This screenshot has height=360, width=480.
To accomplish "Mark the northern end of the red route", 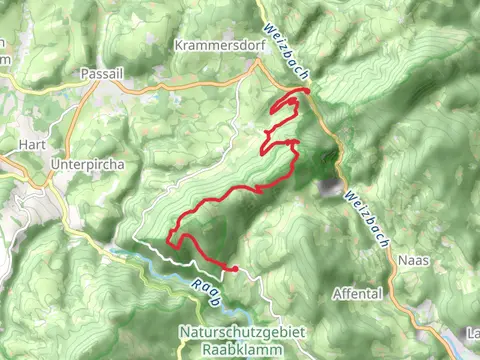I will coord(306,92).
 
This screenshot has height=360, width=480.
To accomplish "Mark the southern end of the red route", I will coord(234,268).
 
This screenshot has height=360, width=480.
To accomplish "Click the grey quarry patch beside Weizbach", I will coord(327,186).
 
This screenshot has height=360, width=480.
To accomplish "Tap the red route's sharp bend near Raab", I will coord(169,242).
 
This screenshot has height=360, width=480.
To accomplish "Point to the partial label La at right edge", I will coord(473,332).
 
